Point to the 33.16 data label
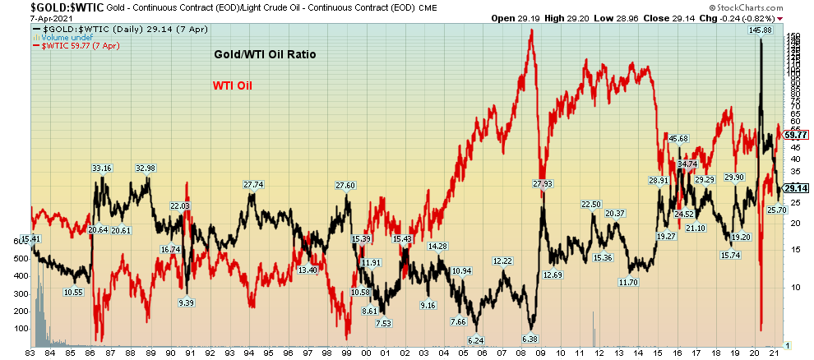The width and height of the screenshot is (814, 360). tap(101, 168)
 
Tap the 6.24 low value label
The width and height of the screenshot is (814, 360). tap(475, 339)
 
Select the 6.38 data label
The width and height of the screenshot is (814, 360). tap(530, 338)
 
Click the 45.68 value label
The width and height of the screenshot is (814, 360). tap(678, 138)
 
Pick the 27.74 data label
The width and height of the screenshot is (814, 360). tap(253, 185)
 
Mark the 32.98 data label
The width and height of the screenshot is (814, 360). tap(145, 168)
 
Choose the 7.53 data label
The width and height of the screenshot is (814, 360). tap(383, 323)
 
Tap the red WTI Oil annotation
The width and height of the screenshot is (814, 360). tap(234, 85)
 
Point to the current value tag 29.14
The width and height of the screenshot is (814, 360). tap(796, 188)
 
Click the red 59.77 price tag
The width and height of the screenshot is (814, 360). tap(796, 135)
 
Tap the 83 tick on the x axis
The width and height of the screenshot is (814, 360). tap(30, 353)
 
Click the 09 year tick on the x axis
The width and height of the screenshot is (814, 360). tap(542, 353)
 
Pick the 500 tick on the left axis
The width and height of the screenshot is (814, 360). tap(19, 258)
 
